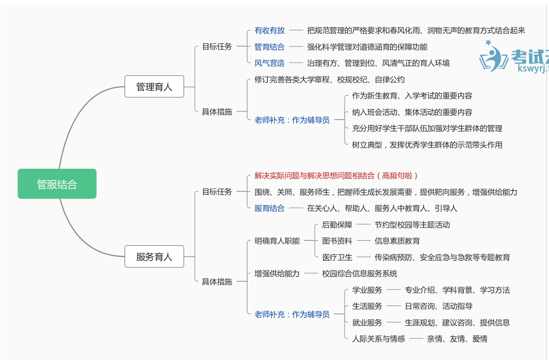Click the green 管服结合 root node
[57, 184]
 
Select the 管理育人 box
[154, 87]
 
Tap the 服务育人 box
[154, 257]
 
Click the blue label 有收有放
[269, 30]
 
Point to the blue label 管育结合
[269, 47]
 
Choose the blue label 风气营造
[269, 63]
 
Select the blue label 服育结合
[269, 208]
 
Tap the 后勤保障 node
[337, 225]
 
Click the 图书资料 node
[337, 241]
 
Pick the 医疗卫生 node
[337, 257]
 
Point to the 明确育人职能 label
[277, 241]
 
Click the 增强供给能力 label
[277, 274]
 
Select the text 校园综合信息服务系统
[360, 274]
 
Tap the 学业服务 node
[367, 290]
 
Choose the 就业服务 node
[367, 323]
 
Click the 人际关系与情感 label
[378, 339]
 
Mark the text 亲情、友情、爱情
[457, 339]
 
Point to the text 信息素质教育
[397, 241]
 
